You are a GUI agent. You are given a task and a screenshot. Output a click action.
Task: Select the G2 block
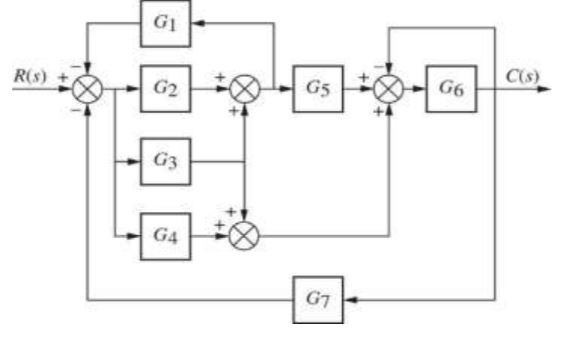tap(166, 88)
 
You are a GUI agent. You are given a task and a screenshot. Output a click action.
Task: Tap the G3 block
tap(166, 161)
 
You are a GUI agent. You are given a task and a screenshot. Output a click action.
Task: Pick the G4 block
tap(166, 235)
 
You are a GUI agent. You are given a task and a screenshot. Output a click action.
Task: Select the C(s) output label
tap(521, 76)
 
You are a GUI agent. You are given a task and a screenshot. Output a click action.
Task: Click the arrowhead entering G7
tap(350, 299)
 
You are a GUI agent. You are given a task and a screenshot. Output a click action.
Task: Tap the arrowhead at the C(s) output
tap(544, 88)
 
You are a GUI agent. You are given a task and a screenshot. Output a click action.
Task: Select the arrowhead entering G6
tap(420, 88)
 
